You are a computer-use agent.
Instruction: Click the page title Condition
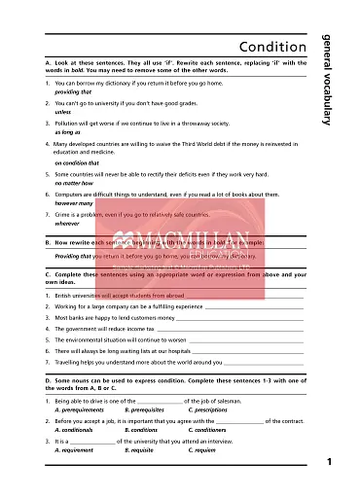[x=273, y=48]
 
